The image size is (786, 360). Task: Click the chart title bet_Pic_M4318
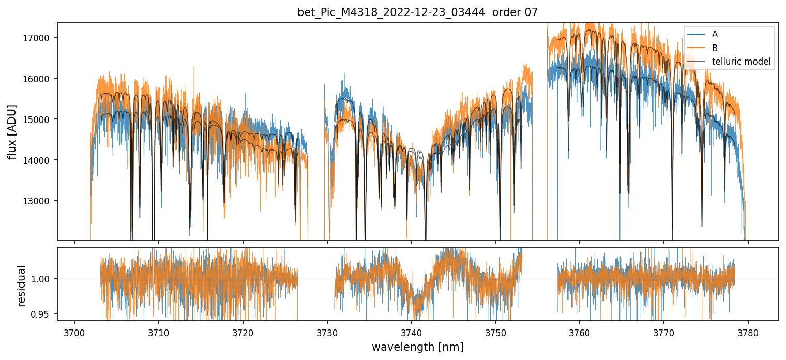[x=417, y=12]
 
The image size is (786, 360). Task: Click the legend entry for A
[x=715, y=34]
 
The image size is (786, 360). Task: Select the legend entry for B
[x=715, y=48]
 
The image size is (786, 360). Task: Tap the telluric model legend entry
[x=741, y=62]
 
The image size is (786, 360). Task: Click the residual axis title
[x=21, y=286]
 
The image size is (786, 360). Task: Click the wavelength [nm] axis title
[x=417, y=347]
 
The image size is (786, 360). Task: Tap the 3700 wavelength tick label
[x=74, y=332]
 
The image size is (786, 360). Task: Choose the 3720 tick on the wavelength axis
[x=243, y=332]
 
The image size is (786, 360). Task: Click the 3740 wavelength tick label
[x=411, y=332]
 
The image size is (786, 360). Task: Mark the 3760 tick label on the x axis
[x=579, y=332]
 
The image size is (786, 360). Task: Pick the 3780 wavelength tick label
[x=748, y=332]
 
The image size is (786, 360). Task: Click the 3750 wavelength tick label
[x=495, y=332]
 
